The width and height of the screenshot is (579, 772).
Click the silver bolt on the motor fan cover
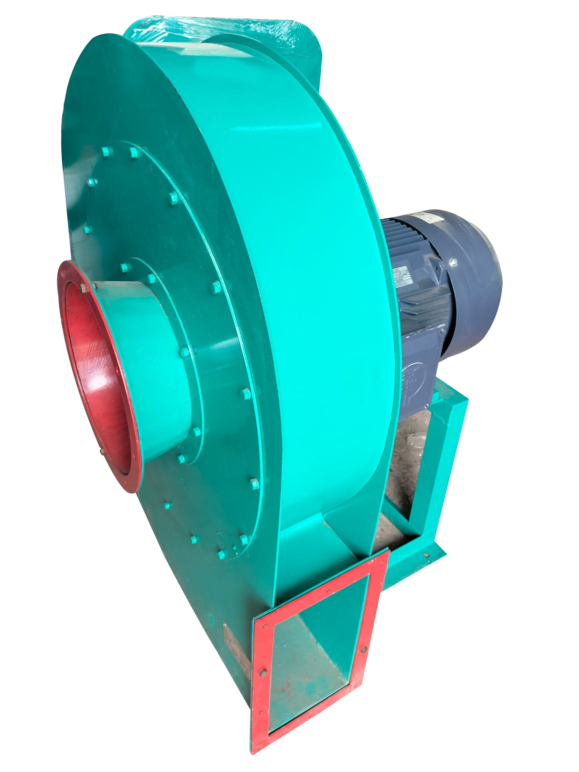pos(453,262)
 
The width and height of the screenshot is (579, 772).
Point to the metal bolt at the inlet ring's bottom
pos(102,452)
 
